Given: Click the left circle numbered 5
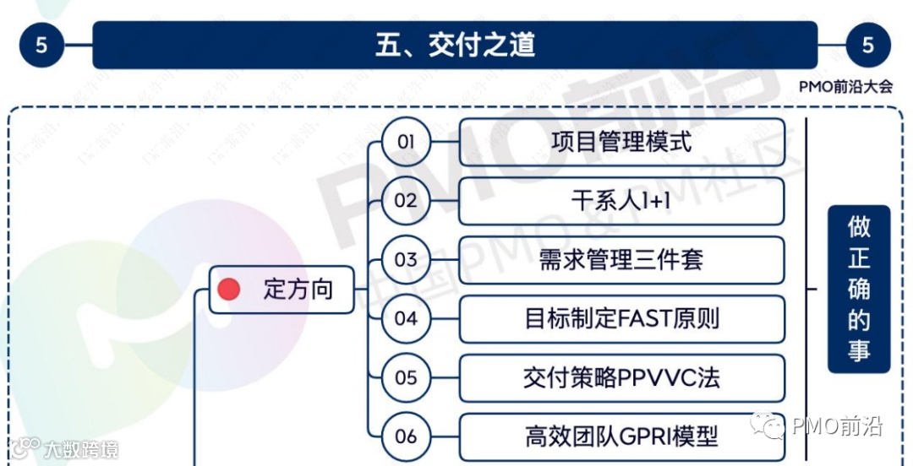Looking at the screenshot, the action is point(41,45).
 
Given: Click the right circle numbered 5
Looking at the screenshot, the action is point(867,45).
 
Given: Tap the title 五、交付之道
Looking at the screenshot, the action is point(455,45).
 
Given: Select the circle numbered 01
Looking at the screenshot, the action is point(406,141).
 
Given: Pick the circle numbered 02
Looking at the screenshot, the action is point(406,200).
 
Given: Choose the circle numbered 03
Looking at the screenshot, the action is point(406,259).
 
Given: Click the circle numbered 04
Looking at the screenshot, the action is point(406,318).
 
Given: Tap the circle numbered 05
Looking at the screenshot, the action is point(406,377).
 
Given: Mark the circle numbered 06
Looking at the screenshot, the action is point(406,436).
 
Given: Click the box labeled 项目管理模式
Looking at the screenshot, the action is point(621,141).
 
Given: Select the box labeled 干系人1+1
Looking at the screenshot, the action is point(621,200).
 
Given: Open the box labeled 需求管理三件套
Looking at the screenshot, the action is point(621,259).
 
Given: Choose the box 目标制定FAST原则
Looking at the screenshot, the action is point(621,318).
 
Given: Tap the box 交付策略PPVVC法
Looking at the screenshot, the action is point(621,377).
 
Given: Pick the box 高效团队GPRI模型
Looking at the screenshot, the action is point(621,436).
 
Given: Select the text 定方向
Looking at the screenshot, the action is point(298,290).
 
